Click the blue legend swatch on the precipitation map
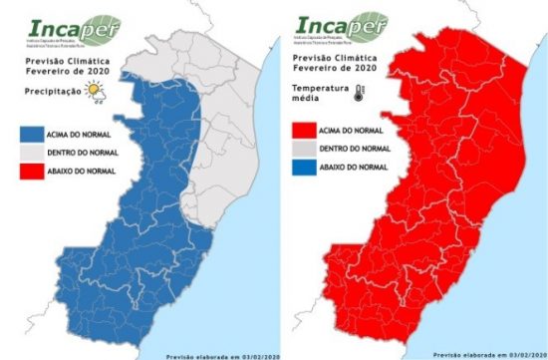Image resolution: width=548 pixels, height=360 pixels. tap(42, 130)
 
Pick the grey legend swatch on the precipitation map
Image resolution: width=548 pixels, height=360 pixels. tap(42, 152)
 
